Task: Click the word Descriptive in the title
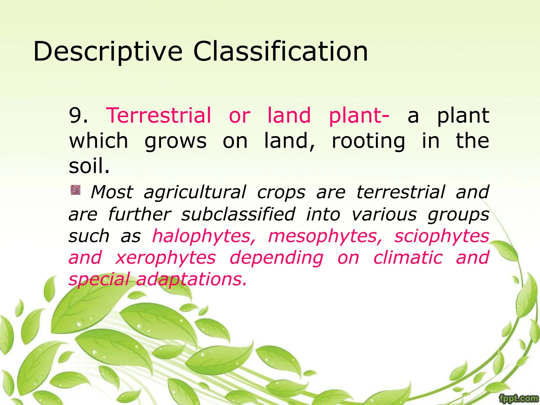[108, 52]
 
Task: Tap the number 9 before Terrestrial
[75, 115]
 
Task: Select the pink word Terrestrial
[158, 115]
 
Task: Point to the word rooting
[368, 141]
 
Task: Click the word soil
[89, 166]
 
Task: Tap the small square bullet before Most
[75, 190]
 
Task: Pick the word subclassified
[238, 214]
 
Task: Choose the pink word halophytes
[204, 236]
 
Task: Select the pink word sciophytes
[442, 236]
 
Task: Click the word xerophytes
[166, 258]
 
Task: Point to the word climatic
[408, 258]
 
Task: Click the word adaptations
[192, 279]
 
